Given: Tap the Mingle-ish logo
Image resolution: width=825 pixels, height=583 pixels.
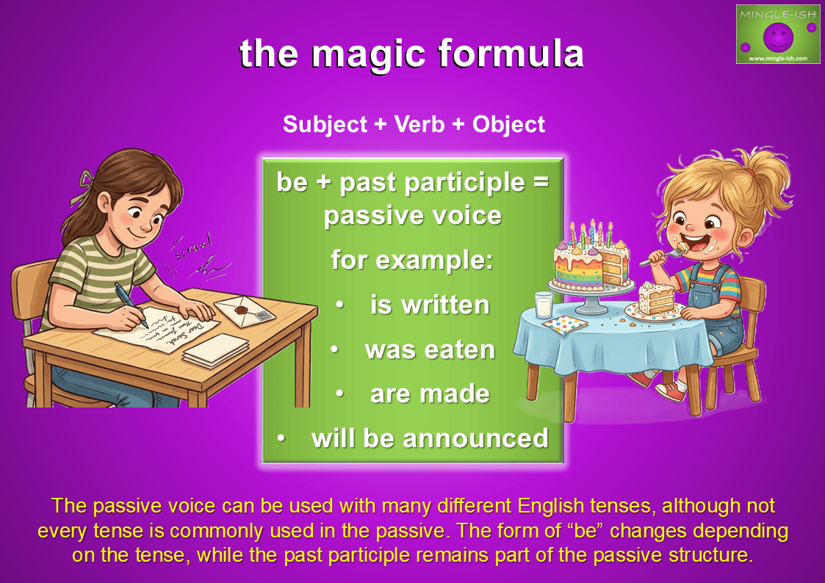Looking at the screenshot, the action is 778,35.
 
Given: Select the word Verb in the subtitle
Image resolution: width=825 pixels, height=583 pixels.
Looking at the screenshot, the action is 419,125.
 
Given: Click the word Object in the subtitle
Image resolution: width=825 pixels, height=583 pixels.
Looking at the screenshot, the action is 508,125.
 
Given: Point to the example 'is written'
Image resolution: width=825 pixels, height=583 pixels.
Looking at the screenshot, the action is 429,305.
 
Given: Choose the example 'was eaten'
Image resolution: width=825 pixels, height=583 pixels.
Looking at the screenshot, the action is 430,350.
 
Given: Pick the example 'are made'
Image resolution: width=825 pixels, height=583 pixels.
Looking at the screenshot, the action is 430,394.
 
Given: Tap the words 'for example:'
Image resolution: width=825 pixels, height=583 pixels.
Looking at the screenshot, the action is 412,259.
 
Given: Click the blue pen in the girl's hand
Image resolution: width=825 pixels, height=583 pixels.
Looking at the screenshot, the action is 130,303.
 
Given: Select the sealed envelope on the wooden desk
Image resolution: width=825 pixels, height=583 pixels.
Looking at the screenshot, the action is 245,311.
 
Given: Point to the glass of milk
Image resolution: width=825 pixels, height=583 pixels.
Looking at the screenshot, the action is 544,305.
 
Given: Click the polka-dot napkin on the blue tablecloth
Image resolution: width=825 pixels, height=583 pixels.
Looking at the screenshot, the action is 565,325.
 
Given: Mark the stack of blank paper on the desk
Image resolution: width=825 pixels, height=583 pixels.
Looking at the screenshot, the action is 216,351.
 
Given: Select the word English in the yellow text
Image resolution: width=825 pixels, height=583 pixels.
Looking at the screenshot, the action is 550,506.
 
